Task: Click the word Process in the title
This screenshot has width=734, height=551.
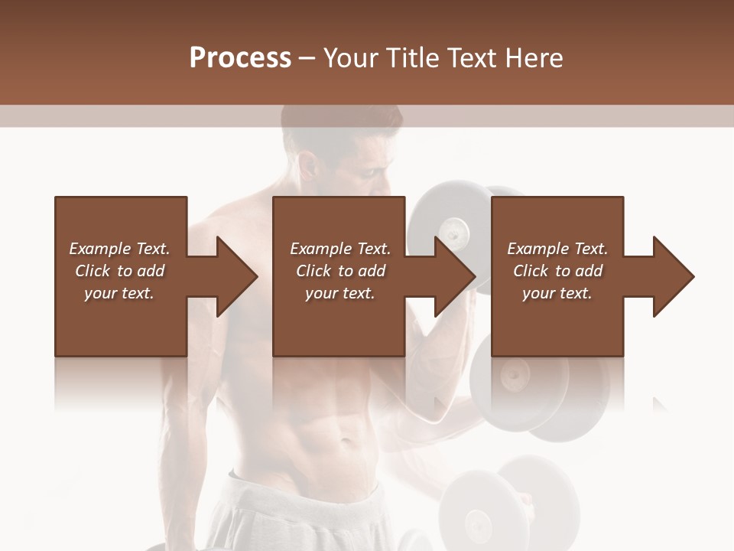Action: coord(240,58)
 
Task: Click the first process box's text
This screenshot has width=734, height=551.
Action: coord(119,271)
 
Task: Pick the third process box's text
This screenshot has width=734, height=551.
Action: coord(557,271)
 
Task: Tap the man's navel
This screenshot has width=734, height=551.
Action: coord(348,442)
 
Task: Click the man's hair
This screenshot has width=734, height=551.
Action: coord(336,122)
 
